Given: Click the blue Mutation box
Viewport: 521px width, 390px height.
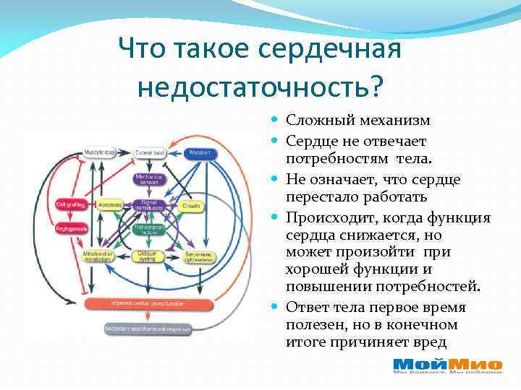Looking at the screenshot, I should (200, 152).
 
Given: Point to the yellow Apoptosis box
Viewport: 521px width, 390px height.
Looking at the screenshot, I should (110, 204).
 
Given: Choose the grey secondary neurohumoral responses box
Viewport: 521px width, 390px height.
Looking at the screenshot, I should (147, 329).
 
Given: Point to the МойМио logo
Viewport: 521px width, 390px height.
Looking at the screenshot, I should (446, 367).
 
